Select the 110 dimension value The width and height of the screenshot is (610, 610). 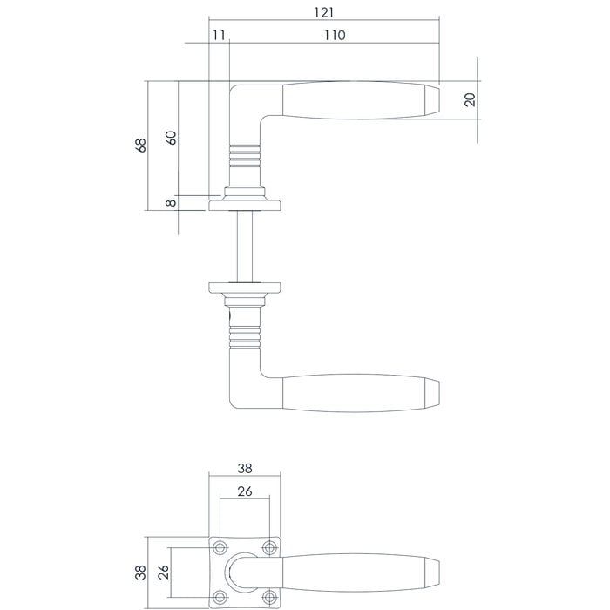(333, 35)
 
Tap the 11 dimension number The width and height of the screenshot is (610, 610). (218, 35)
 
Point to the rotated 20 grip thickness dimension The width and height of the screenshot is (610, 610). (471, 99)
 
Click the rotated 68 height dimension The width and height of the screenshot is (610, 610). (142, 146)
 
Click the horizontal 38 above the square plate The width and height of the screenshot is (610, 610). (245, 466)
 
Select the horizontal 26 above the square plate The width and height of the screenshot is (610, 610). (245, 491)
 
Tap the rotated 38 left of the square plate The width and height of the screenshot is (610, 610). (142, 573)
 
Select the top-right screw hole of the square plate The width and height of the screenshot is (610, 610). (269, 547)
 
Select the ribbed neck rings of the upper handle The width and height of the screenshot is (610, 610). (245, 157)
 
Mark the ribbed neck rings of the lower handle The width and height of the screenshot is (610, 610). (245, 335)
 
